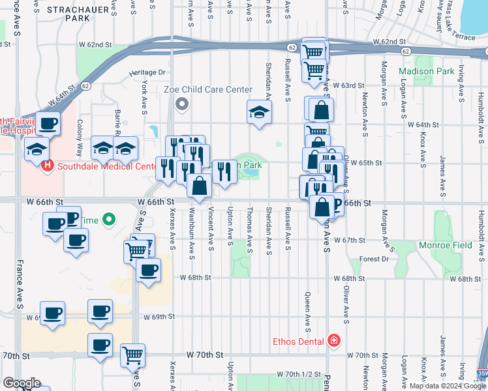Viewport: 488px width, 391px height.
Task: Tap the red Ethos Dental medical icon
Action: tap(334, 341)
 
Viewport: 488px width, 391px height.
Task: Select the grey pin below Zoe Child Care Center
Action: tap(182, 104)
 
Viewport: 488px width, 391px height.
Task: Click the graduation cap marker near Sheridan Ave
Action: tap(259, 112)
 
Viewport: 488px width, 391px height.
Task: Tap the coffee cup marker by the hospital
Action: tap(48, 123)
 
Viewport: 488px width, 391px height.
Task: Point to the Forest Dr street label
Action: tap(374, 259)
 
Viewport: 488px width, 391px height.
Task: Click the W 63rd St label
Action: tap(348, 85)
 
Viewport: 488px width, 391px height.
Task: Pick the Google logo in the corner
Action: tap(22, 383)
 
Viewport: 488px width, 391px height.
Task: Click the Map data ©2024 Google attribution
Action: tap(448, 386)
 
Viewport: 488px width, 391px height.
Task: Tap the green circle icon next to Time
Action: tap(109, 220)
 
